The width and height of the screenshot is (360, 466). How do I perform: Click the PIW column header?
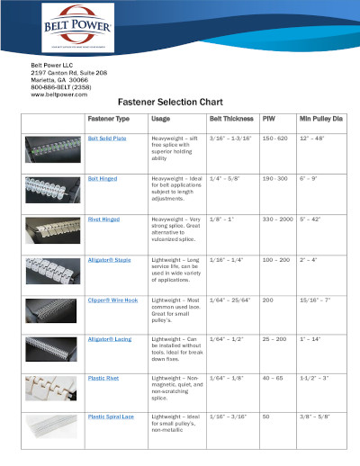[x=268, y=119]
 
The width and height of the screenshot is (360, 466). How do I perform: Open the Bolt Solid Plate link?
[x=107, y=139]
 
